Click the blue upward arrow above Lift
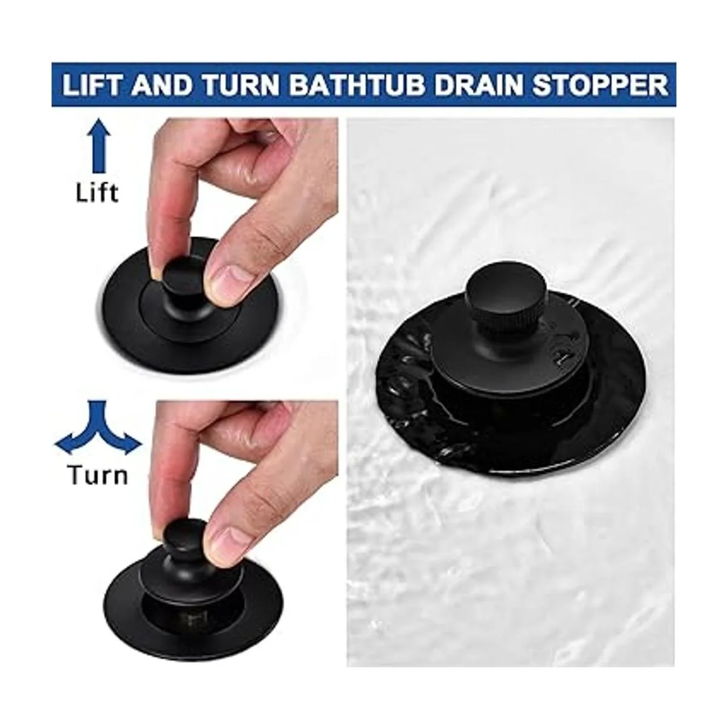pos(98,146)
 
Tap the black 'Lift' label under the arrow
pos(97,192)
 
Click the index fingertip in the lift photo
pos(155,265)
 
